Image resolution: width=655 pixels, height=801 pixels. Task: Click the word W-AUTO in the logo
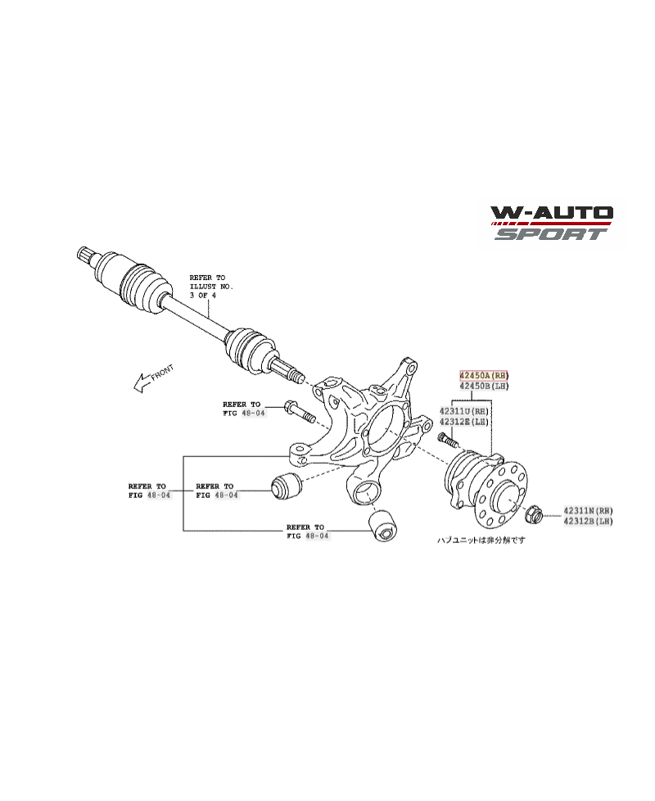552,215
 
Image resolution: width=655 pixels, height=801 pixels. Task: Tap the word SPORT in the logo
550,234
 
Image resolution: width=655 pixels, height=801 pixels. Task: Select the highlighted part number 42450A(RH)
483,373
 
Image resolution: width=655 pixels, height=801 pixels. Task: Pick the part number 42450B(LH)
483,385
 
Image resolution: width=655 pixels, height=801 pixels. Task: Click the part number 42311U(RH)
463,410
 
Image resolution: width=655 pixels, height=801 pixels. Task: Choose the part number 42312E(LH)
463,422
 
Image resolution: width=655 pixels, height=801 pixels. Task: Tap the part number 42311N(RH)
587,510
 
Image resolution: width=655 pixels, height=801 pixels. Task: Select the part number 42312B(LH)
587,521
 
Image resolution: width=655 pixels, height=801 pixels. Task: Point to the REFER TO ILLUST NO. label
211,287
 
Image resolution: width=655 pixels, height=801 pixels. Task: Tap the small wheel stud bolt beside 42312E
447,441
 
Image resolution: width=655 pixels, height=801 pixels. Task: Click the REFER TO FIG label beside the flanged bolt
242,409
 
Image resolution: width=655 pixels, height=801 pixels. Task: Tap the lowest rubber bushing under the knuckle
382,524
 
